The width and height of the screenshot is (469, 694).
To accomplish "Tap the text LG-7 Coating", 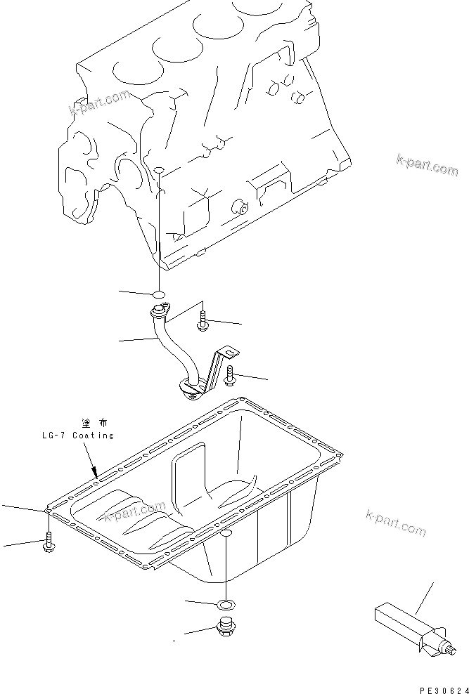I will coord(77,436).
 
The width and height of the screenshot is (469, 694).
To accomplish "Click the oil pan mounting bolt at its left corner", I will coord(49,542).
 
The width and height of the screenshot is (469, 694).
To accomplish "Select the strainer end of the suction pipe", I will coord(190,387).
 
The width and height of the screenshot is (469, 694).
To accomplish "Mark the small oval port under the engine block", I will coord(159,171).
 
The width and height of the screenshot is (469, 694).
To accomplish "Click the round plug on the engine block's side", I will coord(240,207).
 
